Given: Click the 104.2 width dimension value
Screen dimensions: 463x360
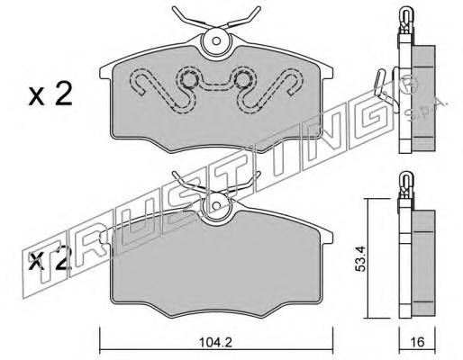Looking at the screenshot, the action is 215,343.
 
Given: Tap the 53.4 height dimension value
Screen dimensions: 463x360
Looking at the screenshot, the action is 360,258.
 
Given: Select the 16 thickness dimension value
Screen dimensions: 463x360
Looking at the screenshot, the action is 417,342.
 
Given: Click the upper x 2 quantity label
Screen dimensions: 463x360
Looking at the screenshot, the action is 50,94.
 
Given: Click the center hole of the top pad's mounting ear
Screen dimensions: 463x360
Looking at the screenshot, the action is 216,40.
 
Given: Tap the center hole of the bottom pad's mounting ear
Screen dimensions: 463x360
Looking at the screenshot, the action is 216,206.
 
